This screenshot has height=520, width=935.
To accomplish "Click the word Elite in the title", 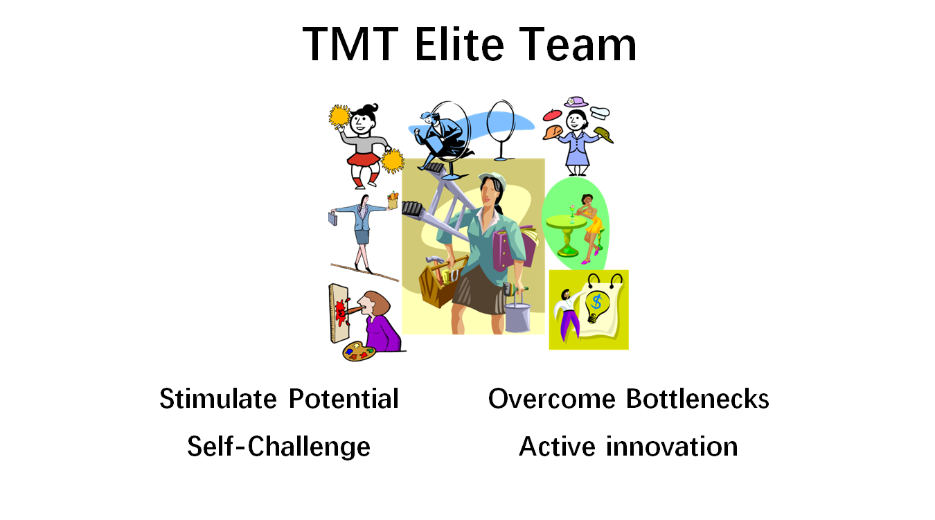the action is (x=459, y=44).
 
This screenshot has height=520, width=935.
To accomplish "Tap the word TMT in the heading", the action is (x=350, y=44).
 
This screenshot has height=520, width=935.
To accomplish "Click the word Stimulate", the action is (x=218, y=399).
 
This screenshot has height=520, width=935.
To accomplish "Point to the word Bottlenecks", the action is (x=697, y=399).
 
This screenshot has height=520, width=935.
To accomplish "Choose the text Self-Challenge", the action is (x=279, y=447).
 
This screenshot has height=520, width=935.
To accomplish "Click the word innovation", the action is (x=672, y=446).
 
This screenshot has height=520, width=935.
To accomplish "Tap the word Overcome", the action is (x=551, y=399).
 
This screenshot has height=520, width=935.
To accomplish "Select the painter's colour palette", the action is (x=359, y=351).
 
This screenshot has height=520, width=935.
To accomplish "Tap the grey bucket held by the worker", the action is (x=517, y=317).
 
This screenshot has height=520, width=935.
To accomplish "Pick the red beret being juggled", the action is (x=552, y=114).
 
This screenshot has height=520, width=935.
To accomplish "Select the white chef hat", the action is (x=600, y=112).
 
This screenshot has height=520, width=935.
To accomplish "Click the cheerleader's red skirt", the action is (x=364, y=159).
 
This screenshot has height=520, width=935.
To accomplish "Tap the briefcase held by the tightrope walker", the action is (x=332, y=218).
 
